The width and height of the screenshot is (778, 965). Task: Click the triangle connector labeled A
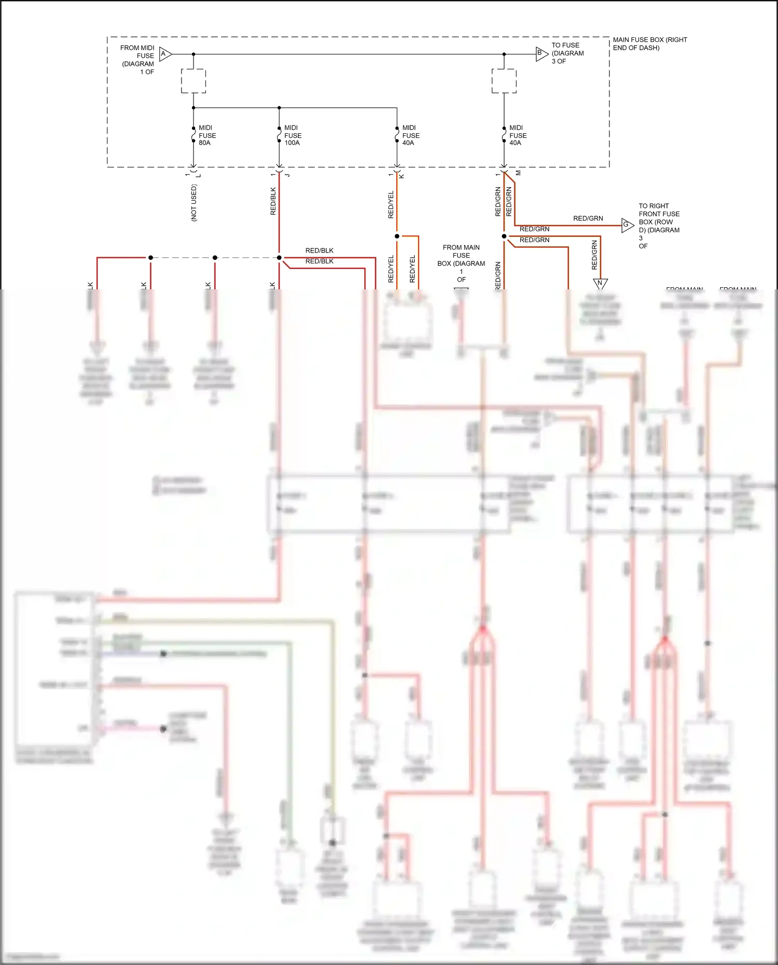click(164, 54)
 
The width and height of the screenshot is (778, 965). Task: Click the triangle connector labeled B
click(541, 53)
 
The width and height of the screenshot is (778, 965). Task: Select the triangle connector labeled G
click(627, 225)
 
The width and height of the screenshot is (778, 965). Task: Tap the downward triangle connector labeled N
click(600, 283)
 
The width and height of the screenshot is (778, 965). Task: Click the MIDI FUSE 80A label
click(207, 135)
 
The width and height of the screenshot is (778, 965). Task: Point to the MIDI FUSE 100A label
click(293, 135)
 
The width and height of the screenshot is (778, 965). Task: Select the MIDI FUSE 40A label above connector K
click(411, 135)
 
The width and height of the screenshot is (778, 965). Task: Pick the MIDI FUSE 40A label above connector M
click(518, 135)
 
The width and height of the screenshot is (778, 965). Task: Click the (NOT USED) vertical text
click(194, 203)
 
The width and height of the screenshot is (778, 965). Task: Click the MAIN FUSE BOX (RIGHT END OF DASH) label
click(649, 44)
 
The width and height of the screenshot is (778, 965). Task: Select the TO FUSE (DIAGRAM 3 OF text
click(567, 53)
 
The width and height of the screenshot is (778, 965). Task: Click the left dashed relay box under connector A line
click(193, 81)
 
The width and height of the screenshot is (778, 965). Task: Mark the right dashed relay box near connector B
click(504, 81)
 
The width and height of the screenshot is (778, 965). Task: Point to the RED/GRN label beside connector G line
click(588, 218)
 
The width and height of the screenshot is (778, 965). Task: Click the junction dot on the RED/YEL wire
click(397, 236)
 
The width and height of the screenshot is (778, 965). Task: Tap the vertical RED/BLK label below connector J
click(273, 201)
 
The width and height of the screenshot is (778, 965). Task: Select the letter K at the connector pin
click(401, 176)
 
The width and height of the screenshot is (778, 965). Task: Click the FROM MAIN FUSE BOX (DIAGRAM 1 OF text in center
click(461, 263)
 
